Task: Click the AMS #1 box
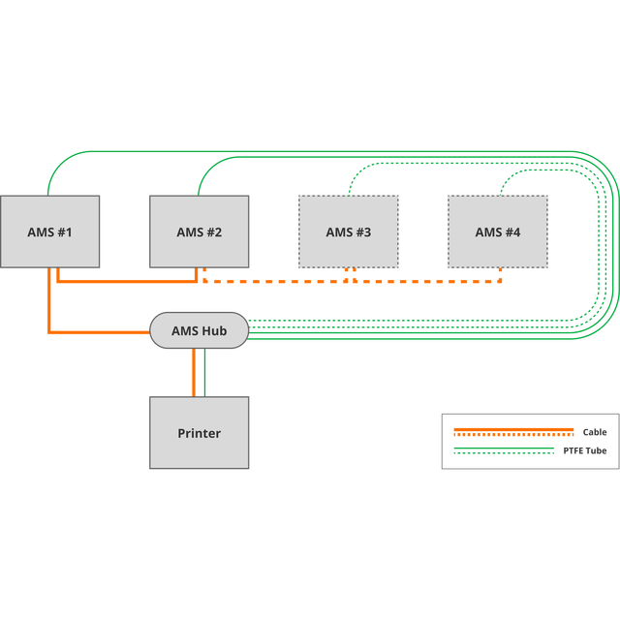(x=49, y=232)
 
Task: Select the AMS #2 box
(x=200, y=232)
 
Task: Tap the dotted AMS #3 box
(x=349, y=232)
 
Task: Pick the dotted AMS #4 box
(x=498, y=232)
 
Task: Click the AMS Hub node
(x=200, y=330)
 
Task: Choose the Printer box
(x=200, y=433)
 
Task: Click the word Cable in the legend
(x=595, y=432)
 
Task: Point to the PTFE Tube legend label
(x=585, y=450)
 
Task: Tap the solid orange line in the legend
(x=513, y=429)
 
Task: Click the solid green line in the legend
(x=504, y=448)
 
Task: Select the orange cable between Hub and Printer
(x=194, y=372)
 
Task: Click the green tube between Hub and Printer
(x=204, y=372)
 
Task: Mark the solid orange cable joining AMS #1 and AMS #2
(x=127, y=282)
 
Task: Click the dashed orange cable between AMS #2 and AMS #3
(x=275, y=282)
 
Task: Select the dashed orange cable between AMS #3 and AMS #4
(x=427, y=282)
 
